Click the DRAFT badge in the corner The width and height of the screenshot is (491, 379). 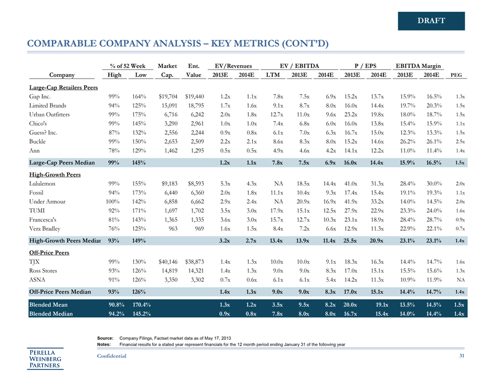[431, 21]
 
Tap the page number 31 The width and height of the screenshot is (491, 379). [460, 356]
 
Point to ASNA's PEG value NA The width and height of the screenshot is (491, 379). [460, 279]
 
